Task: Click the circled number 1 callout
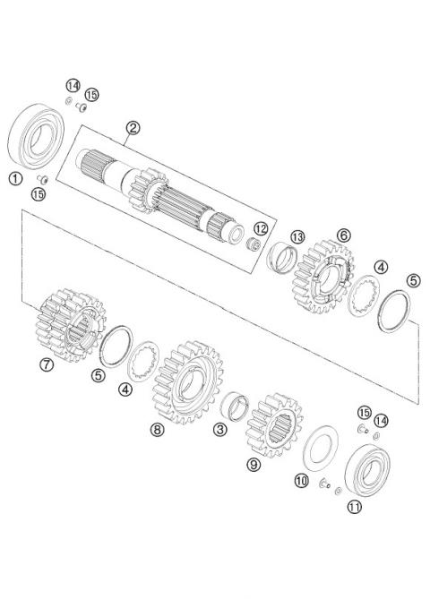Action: coord(15,177)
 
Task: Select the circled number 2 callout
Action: coord(133,128)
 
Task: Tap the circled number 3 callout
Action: coord(219,430)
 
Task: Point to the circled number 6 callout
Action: coord(343,235)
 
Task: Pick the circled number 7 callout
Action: coord(47,364)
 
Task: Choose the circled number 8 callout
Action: coord(158,430)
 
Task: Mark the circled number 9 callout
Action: coord(254,465)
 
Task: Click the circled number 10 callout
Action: coord(302,482)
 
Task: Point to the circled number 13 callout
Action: coord(297,236)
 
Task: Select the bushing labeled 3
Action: coord(236,409)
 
